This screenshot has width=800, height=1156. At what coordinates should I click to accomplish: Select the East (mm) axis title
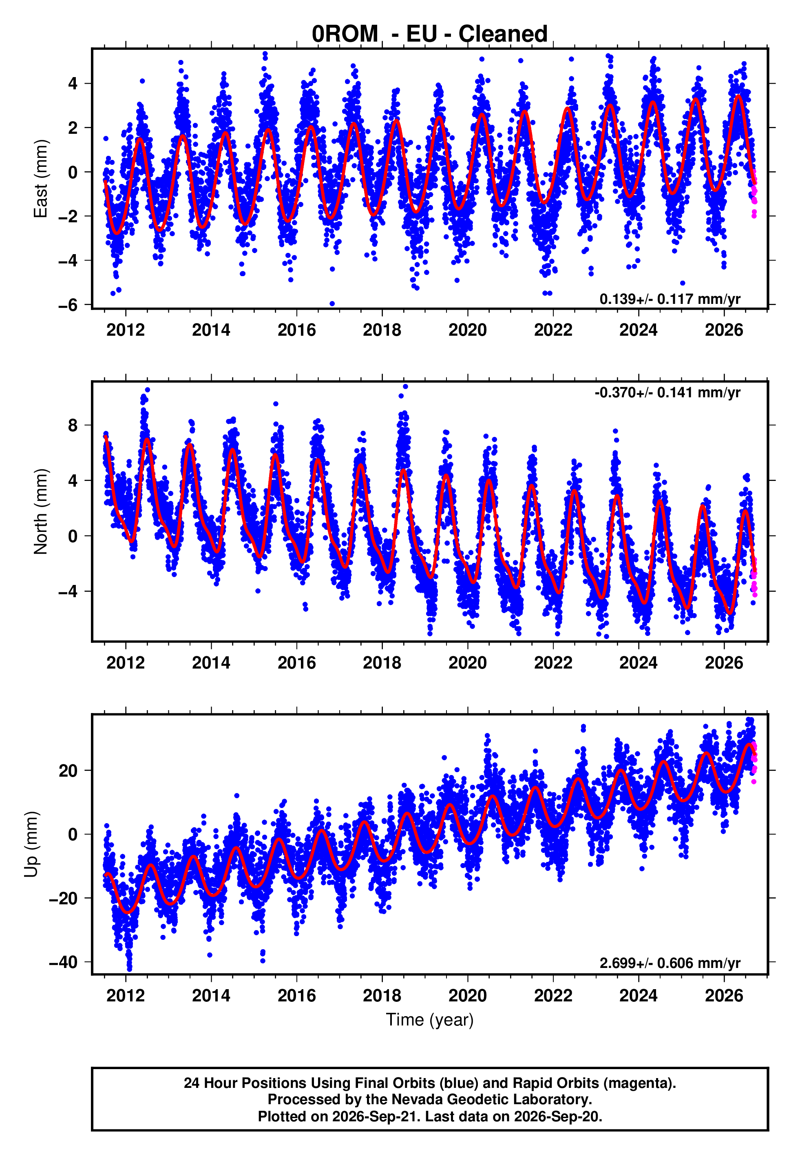click(41, 179)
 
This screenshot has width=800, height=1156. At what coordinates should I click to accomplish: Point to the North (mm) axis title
click(41, 512)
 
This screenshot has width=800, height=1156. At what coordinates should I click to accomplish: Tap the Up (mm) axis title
click(31, 844)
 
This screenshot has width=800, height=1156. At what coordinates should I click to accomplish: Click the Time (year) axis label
click(430, 1020)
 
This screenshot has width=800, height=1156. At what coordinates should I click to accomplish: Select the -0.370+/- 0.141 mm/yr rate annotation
click(667, 392)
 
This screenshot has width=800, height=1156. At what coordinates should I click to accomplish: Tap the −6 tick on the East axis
click(68, 305)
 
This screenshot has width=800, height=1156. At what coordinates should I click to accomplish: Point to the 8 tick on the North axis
click(73, 425)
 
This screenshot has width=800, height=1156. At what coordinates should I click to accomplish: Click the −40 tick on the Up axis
click(63, 962)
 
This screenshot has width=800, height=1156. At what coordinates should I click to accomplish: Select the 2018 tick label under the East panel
click(382, 330)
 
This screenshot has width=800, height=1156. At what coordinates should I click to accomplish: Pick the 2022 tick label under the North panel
click(553, 663)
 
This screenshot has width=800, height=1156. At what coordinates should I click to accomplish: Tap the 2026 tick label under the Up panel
click(724, 996)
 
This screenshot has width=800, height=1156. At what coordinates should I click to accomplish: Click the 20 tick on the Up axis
click(68, 771)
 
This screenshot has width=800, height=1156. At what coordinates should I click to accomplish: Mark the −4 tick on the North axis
click(68, 591)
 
